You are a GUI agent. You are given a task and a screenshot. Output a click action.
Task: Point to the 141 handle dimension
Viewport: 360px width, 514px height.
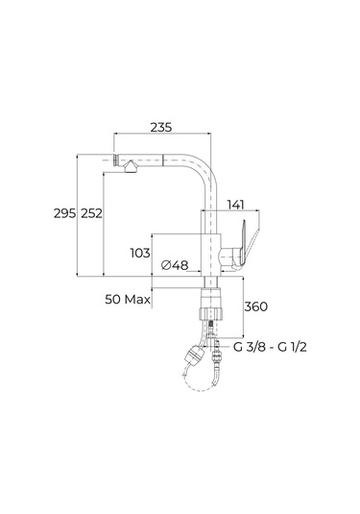pyautogui.click(x=236, y=204)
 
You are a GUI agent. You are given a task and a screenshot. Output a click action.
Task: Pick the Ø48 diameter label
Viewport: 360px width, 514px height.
pyautogui.click(x=174, y=264)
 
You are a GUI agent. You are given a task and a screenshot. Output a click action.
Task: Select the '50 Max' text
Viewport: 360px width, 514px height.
pyautogui.click(x=130, y=300)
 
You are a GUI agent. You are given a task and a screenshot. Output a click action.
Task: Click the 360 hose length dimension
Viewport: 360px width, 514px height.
pyautogui.click(x=254, y=306)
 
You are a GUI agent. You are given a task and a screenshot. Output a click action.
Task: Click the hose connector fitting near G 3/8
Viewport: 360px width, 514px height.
pyautogui.click(x=223, y=349)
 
